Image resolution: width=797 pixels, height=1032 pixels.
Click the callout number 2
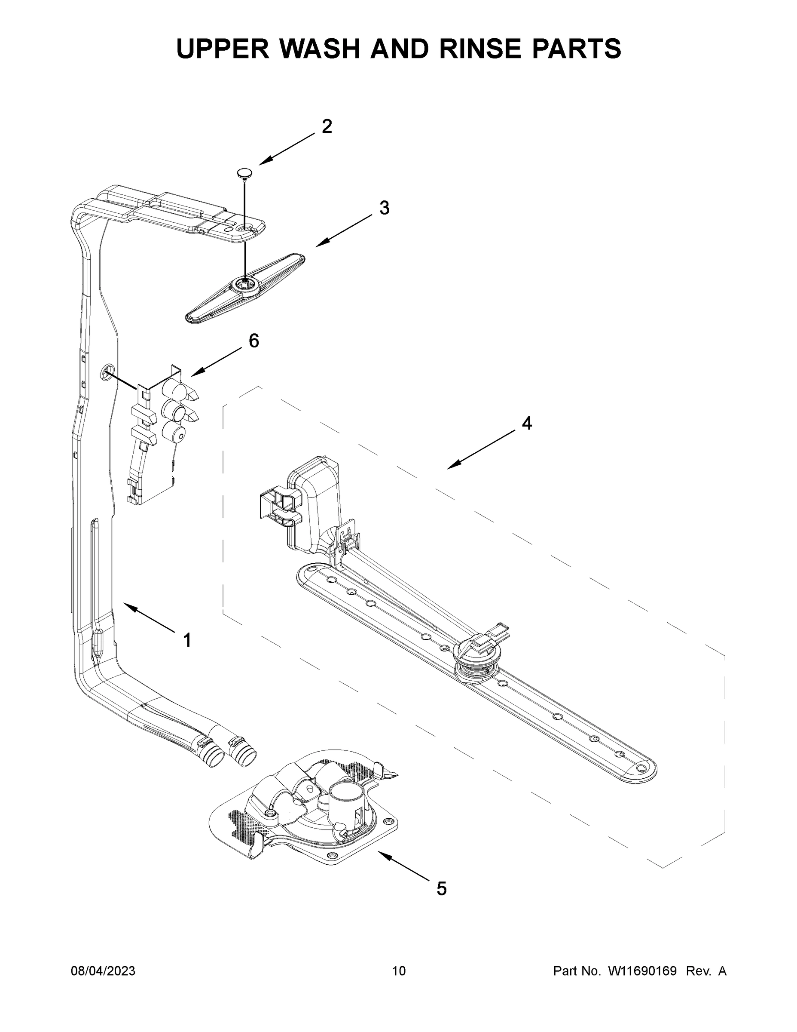click(327, 126)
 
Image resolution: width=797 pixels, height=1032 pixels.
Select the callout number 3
click(385, 208)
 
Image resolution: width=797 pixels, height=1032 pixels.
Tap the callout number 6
click(254, 341)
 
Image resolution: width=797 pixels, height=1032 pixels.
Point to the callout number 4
click(527, 424)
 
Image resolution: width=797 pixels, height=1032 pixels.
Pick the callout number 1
click(187, 640)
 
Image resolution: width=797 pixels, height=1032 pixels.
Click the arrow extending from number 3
click(344, 230)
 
